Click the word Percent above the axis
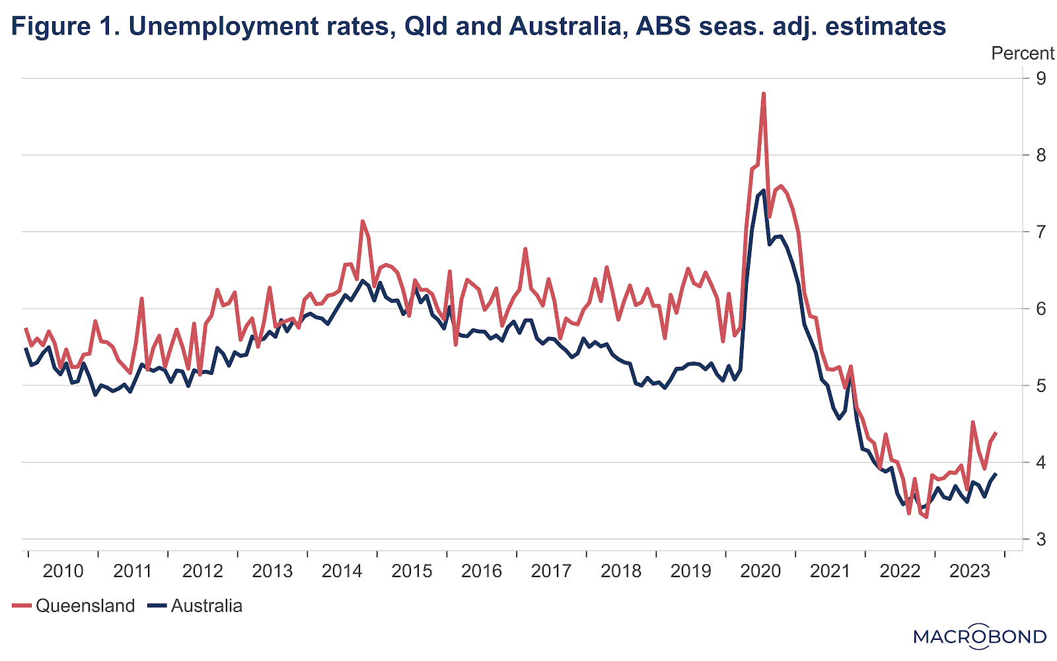1023,54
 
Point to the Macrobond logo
980,636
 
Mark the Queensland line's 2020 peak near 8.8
763,94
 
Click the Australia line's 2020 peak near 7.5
763,190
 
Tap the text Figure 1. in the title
65,26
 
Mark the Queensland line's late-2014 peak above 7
363,221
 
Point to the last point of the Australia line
996,474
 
